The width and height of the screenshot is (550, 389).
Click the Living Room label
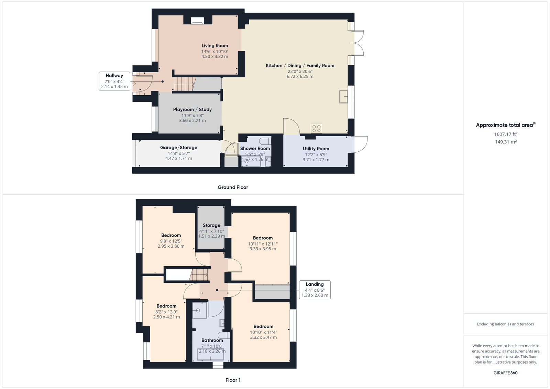tap(214, 45)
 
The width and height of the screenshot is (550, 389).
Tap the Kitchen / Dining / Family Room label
tap(300, 66)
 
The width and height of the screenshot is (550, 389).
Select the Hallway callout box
tap(114, 81)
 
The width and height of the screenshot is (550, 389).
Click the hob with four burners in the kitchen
tap(316, 129)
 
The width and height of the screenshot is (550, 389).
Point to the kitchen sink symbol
tap(343, 96)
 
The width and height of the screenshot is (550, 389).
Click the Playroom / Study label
tap(192, 110)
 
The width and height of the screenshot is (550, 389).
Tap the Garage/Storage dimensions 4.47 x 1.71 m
tap(179, 159)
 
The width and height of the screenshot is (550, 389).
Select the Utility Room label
tap(316, 149)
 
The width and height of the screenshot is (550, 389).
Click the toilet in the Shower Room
tap(266, 141)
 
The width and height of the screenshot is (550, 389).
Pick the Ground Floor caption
tap(233, 187)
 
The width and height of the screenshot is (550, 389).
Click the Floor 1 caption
tap(233, 380)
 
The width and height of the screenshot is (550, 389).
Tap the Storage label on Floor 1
tap(211, 225)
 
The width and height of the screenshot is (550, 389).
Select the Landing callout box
tap(315, 290)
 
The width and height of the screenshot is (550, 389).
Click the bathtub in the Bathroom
tap(211, 355)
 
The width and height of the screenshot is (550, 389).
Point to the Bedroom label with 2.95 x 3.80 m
tap(171, 235)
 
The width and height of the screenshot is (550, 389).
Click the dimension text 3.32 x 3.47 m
tap(263, 337)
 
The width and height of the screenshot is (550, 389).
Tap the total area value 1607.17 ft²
tap(506, 134)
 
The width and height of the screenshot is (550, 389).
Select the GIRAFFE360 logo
tap(506, 373)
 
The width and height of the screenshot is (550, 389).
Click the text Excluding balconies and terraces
tap(505, 324)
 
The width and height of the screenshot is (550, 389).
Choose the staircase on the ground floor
tap(185, 84)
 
